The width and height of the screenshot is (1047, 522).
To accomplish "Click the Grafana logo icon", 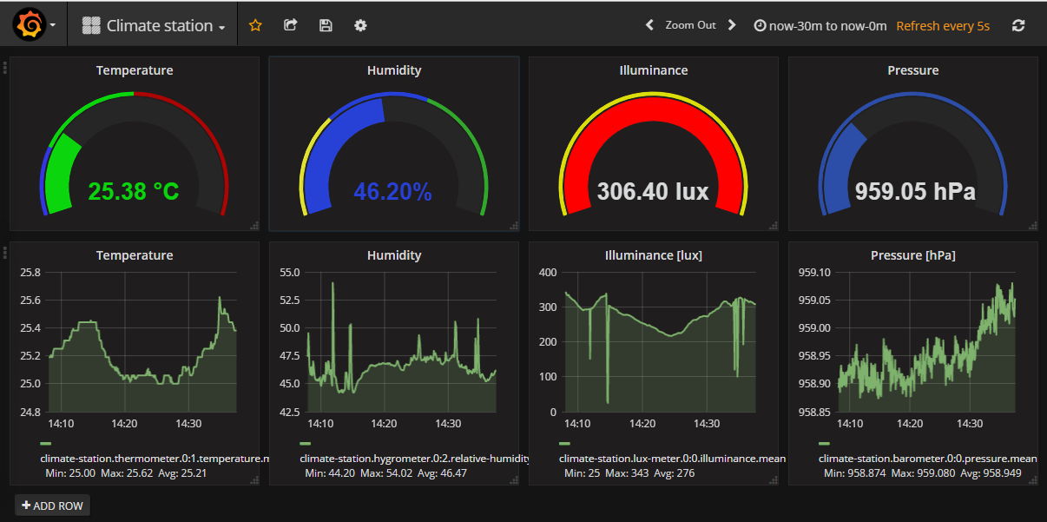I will [x=29, y=25].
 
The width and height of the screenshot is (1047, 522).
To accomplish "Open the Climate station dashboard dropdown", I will [x=154, y=26].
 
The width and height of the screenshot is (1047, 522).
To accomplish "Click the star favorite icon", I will [x=255, y=25].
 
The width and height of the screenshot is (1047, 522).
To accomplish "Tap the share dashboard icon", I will [x=291, y=25].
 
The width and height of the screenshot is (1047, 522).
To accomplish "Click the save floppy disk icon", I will [x=326, y=25].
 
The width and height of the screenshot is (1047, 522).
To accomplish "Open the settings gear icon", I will [x=360, y=25].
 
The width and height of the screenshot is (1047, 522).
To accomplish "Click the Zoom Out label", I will [x=690, y=25].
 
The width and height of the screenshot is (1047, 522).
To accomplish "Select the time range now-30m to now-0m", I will [x=820, y=26].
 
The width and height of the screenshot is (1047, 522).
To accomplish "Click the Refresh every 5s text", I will [x=943, y=26].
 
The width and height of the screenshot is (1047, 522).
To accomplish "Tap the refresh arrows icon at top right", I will [x=1018, y=25].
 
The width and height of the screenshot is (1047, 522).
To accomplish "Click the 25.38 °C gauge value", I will [x=134, y=191].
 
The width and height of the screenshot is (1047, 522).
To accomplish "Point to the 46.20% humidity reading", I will [x=392, y=191].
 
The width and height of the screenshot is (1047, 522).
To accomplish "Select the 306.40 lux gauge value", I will [x=653, y=191].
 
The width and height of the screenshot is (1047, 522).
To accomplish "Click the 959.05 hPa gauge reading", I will [x=915, y=191].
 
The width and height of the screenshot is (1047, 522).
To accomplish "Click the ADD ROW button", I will [x=52, y=505].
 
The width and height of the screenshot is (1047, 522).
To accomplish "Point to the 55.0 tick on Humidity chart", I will [x=288, y=273].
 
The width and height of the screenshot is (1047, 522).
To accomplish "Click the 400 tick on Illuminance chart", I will [x=547, y=273].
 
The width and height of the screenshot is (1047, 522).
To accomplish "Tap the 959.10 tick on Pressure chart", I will [x=813, y=273].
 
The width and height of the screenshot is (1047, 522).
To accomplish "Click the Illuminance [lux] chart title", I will [x=653, y=255].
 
